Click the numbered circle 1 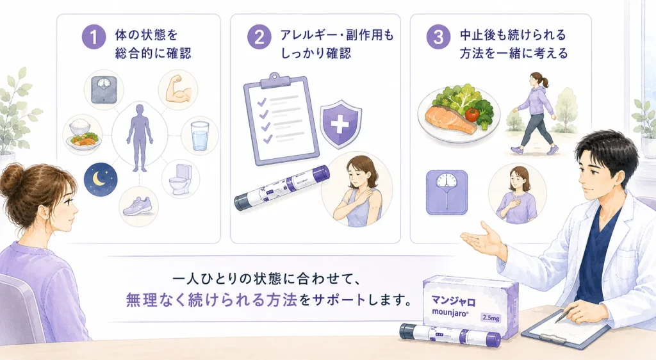[94, 37]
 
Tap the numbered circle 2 [259, 37]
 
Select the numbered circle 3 [438, 37]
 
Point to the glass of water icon [200, 135]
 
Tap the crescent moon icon [100, 179]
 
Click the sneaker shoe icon [139, 206]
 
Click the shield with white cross [341, 124]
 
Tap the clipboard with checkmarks [281, 119]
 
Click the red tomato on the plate [471, 114]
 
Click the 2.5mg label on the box [491, 317]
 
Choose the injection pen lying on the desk [450, 335]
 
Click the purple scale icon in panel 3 [447, 192]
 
